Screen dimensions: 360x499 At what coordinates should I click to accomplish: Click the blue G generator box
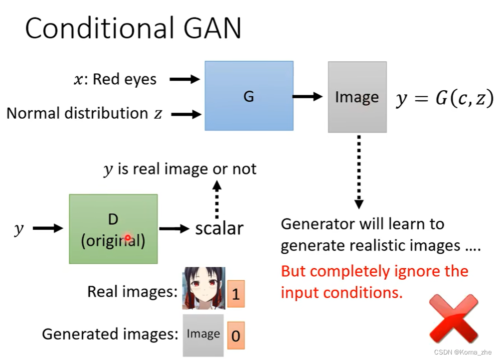[x=249, y=96]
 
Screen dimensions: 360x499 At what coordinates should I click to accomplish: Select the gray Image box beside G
[x=357, y=97]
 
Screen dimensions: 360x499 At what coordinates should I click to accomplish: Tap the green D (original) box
[x=113, y=229]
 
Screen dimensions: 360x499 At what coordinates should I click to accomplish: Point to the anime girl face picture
[x=203, y=288]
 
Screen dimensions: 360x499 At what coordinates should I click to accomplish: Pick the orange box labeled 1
[x=236, y=294]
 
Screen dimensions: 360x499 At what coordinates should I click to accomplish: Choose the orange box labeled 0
[x=236, y=335]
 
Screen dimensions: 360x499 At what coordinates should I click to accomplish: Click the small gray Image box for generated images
[x=203, y=335]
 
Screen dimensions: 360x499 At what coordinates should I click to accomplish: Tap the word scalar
[x=219, y=228]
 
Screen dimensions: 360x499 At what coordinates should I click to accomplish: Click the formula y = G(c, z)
[x=445, y=99]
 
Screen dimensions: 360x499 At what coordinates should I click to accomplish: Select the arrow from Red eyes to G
[x=184, y=79]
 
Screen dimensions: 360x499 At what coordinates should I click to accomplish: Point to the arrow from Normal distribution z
[x=185, y=114]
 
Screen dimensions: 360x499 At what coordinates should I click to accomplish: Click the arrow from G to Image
[x=308, y=96]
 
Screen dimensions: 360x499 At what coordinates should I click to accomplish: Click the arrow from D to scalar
[x=174, y=229]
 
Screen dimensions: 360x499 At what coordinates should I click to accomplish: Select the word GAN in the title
[x=209, y=28]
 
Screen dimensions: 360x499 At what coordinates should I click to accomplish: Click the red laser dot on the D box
[x=128, y=238]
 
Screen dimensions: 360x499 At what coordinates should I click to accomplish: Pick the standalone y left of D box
[x=19, y=229]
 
